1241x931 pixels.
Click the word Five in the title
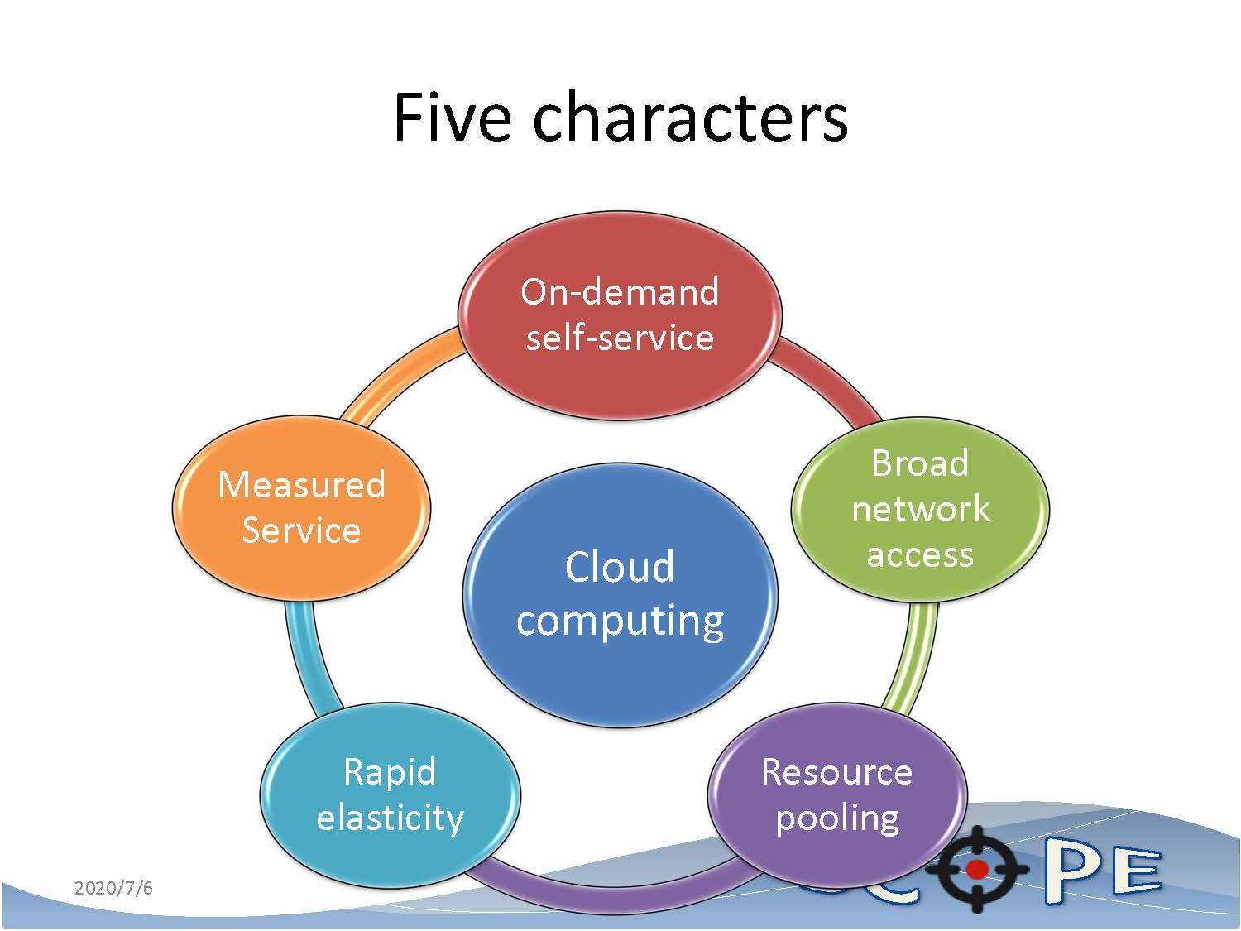(x=452, y=118)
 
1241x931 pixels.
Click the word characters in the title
(x=690, y=118)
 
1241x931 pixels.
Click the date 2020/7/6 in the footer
(x=113, y=889)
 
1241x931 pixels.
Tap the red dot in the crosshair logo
(x=977, y=869)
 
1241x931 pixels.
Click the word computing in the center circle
(x=620, y=621)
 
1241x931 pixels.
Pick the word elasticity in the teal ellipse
(x=390, y=818)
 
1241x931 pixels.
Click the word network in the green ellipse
(x=920, y=509)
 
